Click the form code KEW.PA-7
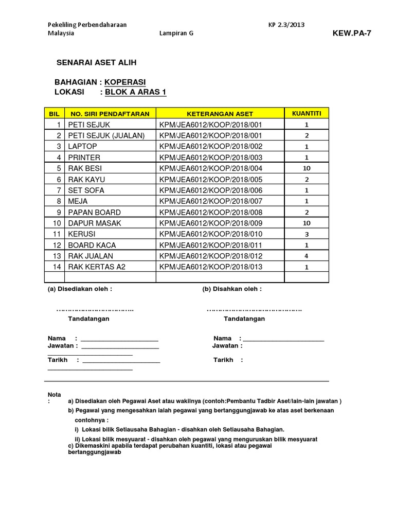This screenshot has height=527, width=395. [352, 33]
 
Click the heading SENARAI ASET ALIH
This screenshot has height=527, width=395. [96, 63]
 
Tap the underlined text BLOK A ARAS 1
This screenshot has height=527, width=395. [136, 92]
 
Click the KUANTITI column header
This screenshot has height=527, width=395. [307, 113]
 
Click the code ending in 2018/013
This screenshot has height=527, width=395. [212, 267]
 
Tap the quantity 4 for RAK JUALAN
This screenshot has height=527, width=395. [307, 255]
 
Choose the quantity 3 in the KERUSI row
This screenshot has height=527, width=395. [307, 234]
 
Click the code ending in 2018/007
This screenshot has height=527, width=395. [212, 201]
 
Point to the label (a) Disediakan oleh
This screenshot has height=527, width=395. [80, 289]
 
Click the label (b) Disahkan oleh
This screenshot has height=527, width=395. [232, 289]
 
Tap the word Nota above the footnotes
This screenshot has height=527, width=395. [54, 394]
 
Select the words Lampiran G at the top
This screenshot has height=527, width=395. [176, 33]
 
